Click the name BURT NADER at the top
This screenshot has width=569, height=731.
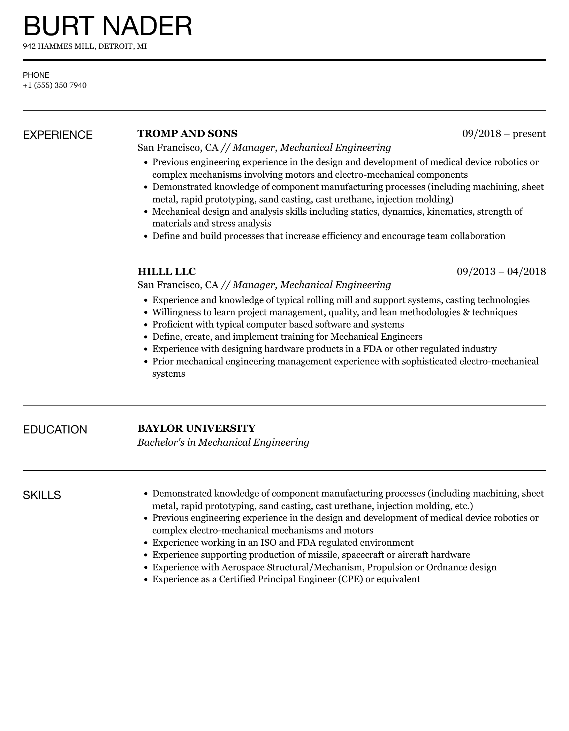107,26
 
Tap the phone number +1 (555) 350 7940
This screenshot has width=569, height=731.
55,85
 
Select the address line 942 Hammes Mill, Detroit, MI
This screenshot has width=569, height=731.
85,46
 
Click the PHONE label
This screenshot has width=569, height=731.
36,75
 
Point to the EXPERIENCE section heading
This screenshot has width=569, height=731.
58,135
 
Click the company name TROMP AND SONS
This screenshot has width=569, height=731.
187,133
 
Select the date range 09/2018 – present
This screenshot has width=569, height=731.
504,133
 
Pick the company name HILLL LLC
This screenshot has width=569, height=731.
166,271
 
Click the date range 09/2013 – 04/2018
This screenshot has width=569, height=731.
501,271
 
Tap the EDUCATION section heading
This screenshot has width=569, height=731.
55,430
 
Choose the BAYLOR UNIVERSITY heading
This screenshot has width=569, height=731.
196,428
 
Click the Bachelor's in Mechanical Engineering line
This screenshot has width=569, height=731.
223,442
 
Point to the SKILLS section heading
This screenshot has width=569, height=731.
42,495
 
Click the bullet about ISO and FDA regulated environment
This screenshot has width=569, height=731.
283,543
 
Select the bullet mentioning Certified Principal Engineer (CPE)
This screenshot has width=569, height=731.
286,579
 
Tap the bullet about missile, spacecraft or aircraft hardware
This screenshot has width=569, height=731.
311,555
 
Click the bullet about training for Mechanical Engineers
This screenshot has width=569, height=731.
287,337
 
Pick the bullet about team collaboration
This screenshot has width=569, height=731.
328,236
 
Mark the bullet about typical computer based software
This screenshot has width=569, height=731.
278,324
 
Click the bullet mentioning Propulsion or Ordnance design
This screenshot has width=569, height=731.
324,567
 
